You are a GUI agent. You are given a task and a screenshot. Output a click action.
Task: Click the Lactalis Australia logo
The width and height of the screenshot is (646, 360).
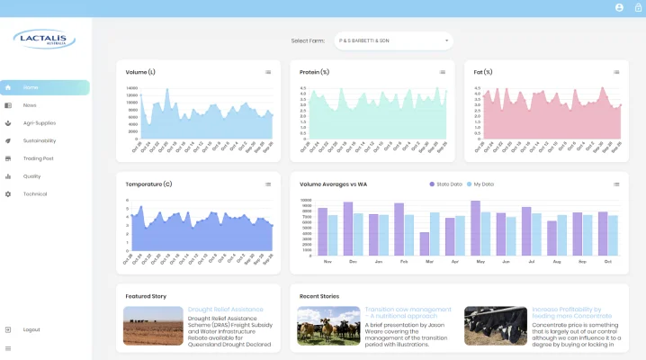pos(45,39)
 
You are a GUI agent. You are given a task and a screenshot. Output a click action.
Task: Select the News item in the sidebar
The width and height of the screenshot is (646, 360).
pos(30,105)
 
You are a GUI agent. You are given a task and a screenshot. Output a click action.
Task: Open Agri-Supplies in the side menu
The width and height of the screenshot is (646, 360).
pos(39,123)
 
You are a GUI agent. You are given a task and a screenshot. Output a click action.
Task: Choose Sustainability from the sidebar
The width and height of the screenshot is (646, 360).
pos(40,141)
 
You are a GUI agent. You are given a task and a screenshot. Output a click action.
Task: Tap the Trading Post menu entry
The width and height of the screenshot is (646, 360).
pos(38,158)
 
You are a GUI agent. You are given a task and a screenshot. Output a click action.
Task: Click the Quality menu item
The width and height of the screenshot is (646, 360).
pos(31,176)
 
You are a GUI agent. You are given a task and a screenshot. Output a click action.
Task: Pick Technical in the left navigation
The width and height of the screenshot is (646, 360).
pos(35,194)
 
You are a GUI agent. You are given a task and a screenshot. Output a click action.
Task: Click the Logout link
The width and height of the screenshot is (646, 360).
pos(31,329)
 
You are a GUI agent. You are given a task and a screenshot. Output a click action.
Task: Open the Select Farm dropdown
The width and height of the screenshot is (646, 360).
pos(393,40)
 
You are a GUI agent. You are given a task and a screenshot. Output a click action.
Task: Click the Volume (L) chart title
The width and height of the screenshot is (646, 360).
pos(140,72)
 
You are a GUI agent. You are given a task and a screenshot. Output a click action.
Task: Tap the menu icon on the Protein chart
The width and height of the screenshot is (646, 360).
pos(442,72)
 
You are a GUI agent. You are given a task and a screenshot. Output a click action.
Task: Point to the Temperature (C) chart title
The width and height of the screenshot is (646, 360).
pos(148,184)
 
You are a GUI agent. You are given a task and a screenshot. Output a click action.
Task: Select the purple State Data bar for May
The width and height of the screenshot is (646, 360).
pos(475,229)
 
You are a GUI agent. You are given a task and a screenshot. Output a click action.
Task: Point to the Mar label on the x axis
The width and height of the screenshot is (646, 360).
pos(429,262)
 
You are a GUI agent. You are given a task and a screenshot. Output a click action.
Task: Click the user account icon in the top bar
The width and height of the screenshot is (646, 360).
pos(619,7)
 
